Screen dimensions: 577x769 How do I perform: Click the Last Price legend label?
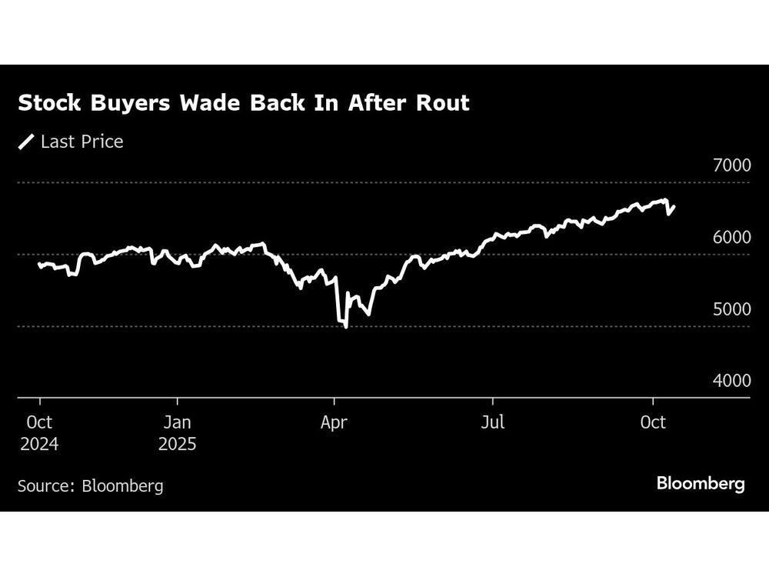[x=82, y=142]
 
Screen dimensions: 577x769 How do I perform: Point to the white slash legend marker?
[x=27, y=142]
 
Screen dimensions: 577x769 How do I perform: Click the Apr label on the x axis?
[x=334, y=422]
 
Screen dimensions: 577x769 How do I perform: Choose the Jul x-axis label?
[x=492, y=422]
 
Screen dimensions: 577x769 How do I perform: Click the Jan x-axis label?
[x=178, y=422]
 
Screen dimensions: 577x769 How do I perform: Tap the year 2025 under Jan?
[x=178, y=445]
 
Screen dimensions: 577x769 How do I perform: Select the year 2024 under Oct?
[x=39, y=445]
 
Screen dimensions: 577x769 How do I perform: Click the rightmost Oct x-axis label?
[x=653, y=422]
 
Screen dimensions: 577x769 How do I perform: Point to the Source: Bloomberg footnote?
[x=91, y=485]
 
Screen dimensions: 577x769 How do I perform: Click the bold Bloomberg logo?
[x=701, y=484]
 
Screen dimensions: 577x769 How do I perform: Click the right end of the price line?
[x=674, y=206]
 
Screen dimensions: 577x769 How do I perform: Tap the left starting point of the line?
[x=38, y=264]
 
